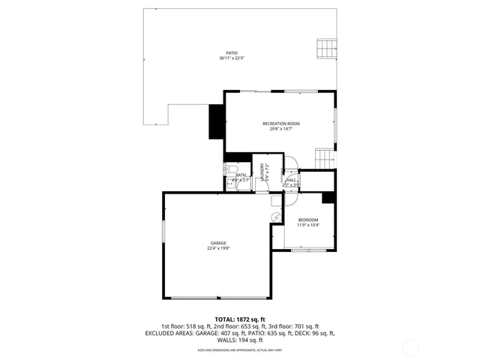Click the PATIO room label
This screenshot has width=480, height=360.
coord(232,52)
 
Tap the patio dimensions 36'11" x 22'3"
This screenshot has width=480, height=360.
coord(232,58)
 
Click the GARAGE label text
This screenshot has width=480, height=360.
coord(218,243)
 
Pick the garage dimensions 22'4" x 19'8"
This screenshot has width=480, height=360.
coord(218,248)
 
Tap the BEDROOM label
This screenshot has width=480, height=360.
coord(308,220)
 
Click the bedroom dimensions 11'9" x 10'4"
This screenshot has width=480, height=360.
coord(308,225)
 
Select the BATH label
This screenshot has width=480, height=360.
coord(241,175)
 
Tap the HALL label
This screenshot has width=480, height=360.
coord(290,180)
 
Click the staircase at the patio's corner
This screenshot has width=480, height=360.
coord(326,49)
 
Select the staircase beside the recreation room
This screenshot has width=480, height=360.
coord(324,159)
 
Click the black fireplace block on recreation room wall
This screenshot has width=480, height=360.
coord(217,121)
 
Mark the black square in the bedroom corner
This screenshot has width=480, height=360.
coord(328,198)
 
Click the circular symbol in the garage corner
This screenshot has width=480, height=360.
coord(276,217)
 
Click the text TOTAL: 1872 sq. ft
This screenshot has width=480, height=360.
coord(240,319)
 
